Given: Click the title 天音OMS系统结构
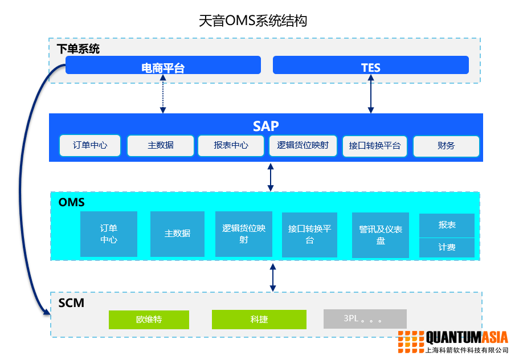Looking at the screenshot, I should (253, 21).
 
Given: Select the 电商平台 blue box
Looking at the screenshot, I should (163, 66).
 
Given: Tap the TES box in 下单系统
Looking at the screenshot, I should (370, 66).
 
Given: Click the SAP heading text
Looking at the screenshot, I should (265, 126).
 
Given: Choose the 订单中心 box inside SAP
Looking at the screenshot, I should (90, 146).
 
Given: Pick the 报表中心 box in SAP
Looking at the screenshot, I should (231, 146).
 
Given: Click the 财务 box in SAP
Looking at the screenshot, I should (446, 146).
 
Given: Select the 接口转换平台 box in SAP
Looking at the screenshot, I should (374, 146).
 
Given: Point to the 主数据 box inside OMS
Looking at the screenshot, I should (177, 234).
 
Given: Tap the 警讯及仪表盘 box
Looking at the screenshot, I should (380, 235).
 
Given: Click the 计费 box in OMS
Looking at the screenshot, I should (447, 248).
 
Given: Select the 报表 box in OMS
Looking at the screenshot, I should (447, 226).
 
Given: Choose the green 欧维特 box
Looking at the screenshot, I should (149, 320).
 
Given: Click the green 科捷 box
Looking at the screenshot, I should (259, 320).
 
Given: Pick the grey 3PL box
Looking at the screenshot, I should (365, 319).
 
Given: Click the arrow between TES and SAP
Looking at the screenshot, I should (371, 94).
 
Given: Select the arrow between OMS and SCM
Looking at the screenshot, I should (273, 277).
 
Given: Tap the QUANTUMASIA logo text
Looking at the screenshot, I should (467, 337).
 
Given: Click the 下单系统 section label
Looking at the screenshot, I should (78, 49).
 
